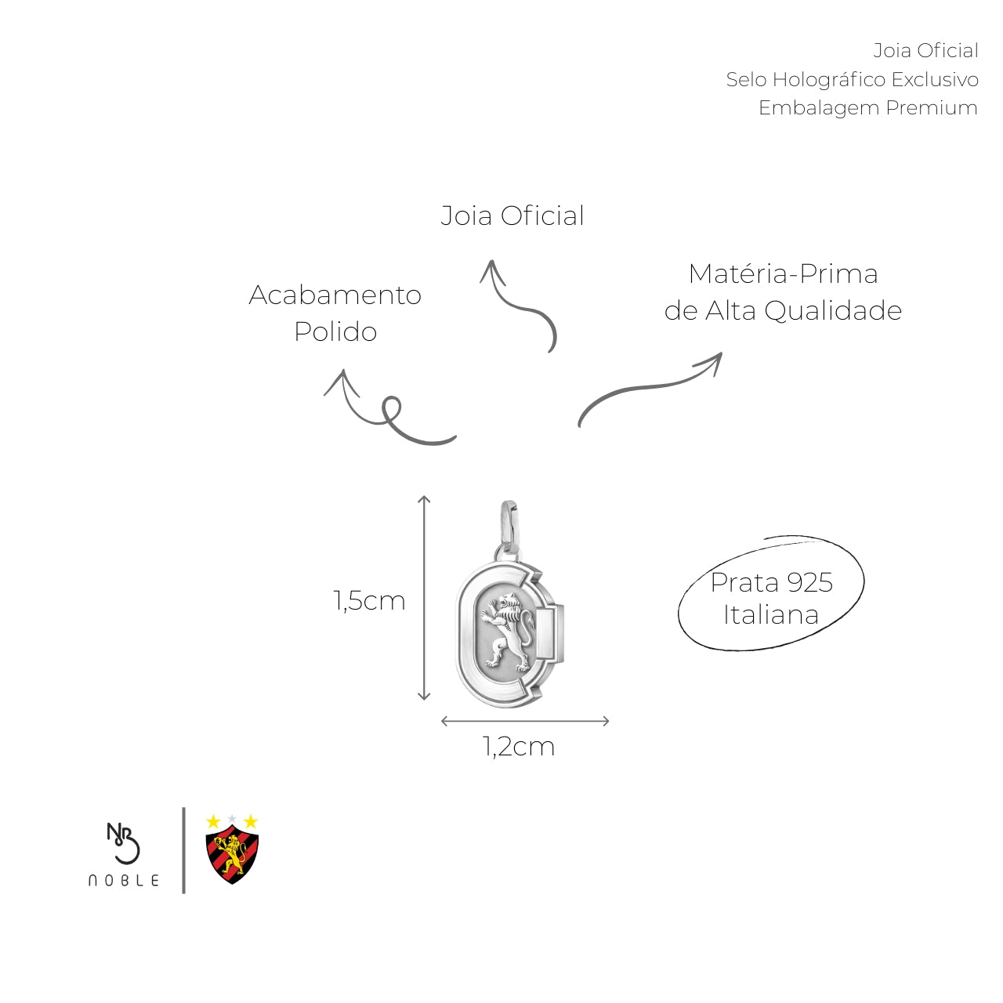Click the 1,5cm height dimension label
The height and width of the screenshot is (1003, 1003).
[x=369, y=601]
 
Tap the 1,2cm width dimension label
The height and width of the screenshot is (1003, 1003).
[x=519, y=747]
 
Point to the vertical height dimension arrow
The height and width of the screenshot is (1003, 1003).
[x=424, y=598]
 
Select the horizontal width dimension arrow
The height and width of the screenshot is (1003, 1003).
[x=525, y=721]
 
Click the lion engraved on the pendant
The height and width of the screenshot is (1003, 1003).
[x=508, y=632]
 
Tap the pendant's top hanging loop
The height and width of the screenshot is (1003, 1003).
[x=509, y=527]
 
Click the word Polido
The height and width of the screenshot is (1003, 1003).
[x=335, y=331]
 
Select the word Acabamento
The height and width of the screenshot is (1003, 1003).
[x=335, y=295]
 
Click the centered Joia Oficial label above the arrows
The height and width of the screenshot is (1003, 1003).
[x=512, y=216]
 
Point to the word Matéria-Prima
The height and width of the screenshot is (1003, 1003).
[x=784, y=273]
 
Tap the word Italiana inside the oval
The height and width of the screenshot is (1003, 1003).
[x=771, y=614]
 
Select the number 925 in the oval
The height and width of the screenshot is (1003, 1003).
[x=809, y=582]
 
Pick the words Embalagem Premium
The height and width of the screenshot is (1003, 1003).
[x=867, y=107]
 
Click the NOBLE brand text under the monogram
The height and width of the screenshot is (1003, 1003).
[x=124, y=880]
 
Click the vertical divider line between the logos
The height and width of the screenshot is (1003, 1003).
[x=183, y=850]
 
